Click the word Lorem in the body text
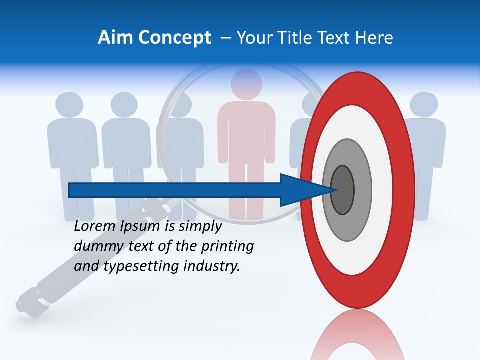(x=95, y=226)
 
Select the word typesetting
(x=142, y=267)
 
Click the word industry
(x=212, y=266)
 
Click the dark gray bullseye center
(x=342, y=190)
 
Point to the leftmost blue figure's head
(x=69, y=105)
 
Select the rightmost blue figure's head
(x=424, y=105)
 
